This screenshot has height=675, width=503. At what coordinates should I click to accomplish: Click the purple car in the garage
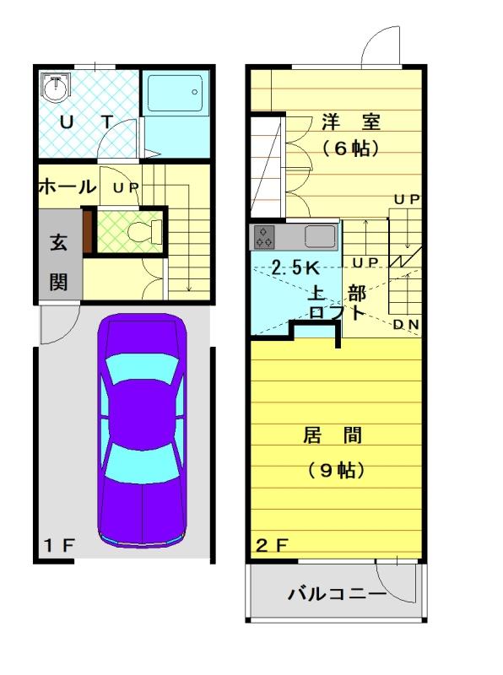(142, 430)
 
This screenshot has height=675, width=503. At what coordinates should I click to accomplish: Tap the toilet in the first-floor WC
(144, 230)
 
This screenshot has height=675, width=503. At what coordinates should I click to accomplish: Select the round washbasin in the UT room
(54, 88)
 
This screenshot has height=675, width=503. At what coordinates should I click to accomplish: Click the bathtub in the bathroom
(176, 94)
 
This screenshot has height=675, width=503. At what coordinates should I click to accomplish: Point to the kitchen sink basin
(320, 236)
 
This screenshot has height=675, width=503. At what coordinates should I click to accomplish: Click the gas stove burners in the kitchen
(264, 237)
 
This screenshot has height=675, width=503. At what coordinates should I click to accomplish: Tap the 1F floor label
(59, 545)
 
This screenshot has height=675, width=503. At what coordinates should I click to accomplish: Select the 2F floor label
(272, 545)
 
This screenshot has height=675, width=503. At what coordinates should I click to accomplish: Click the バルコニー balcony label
(338, 594)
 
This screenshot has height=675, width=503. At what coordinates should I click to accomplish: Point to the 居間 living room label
(333, 435)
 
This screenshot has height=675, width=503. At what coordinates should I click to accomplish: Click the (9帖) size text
(337, 470)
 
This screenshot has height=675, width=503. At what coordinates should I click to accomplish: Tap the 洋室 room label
(351, 121)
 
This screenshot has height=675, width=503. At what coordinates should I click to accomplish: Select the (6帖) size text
(351, 148)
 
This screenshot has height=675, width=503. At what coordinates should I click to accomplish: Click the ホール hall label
(68, 187)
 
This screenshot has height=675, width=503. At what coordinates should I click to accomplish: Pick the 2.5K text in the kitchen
(295, 267)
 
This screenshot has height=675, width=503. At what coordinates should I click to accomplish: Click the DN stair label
(407, 325)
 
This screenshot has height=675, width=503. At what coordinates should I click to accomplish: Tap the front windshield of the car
(142, 368)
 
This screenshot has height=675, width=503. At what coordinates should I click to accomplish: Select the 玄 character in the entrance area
(58, 242)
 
